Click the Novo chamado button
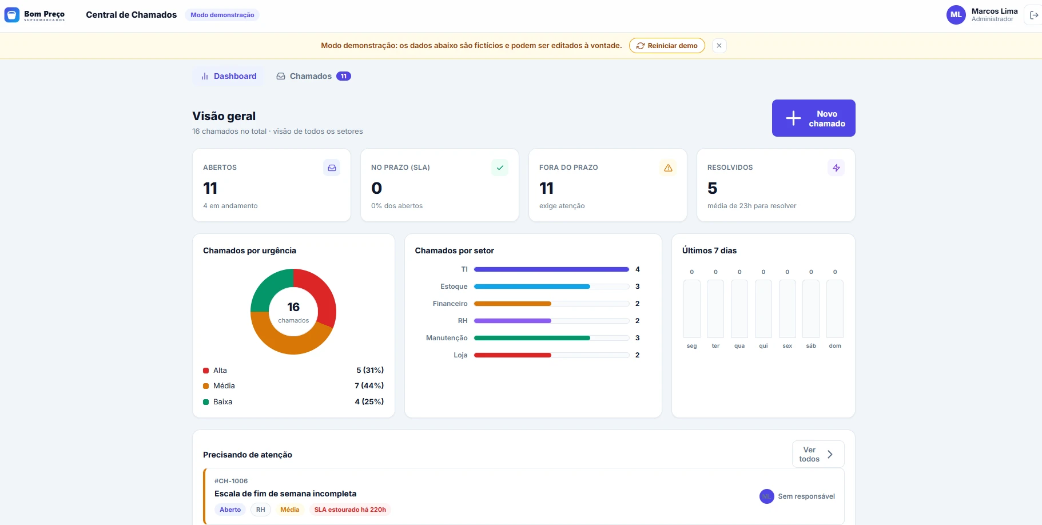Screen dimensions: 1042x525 coord(813,118)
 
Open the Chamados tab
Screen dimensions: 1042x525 coord(313,76)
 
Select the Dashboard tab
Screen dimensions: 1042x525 coord(229,76)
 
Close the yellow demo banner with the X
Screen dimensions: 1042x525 coord(719,46)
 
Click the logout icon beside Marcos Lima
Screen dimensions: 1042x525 coord(1034,15)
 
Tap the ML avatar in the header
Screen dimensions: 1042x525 coord(956,15)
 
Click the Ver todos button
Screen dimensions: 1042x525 coord(818,454)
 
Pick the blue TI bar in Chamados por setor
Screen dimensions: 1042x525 coord(551,269)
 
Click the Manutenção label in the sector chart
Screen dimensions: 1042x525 coord(447,338)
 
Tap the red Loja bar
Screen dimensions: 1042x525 coord(512,355)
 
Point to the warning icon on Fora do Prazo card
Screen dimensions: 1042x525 coord(668,168)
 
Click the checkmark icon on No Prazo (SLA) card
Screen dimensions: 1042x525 coord(500,168)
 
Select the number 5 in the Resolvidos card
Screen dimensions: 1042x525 coord(713,188)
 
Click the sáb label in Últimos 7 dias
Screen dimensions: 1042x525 coord(811,346)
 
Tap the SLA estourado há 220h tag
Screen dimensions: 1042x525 coord(350,510)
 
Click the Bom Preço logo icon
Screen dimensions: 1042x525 coord(12,15)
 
